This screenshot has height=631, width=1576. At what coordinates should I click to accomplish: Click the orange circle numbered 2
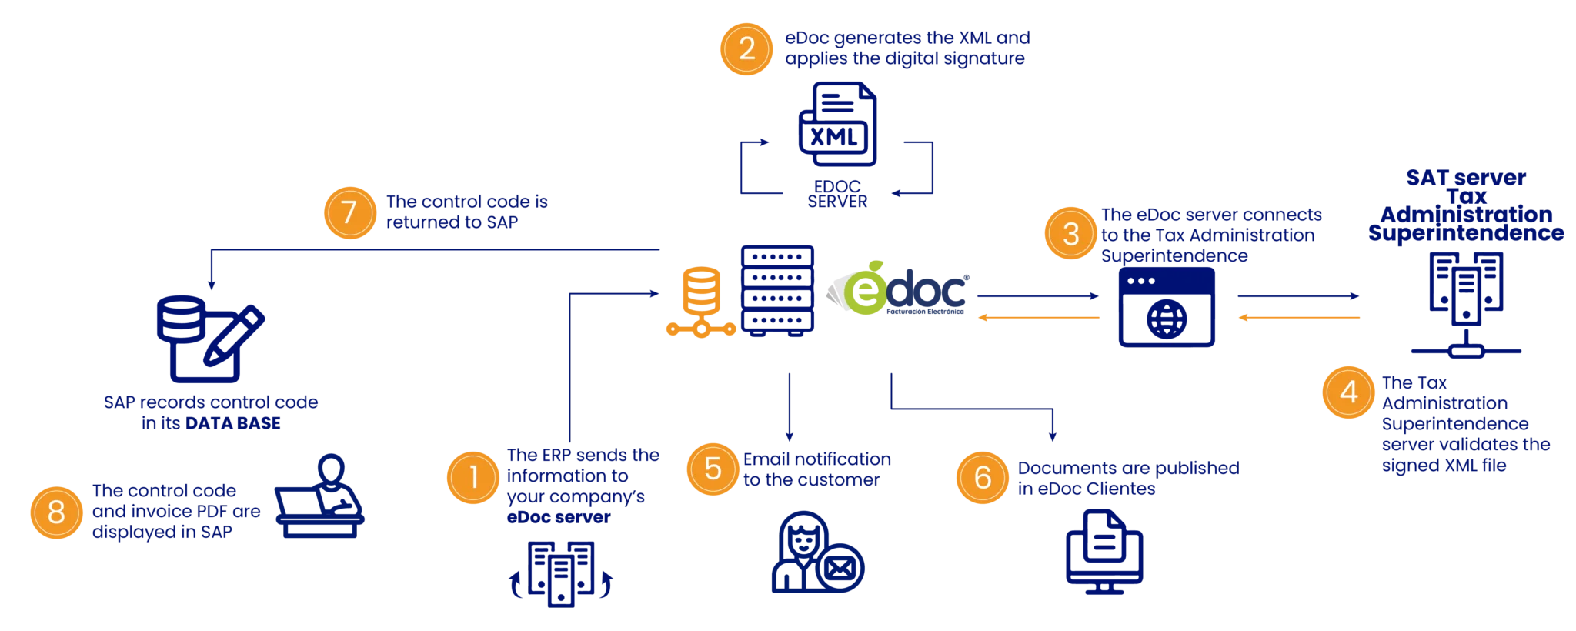pos(746,49)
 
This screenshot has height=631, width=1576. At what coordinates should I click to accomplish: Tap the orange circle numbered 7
pos(350,213)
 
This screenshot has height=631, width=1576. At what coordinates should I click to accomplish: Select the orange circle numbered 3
pos(1071,233)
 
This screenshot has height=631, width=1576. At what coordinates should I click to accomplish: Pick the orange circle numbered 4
pos(1349,392)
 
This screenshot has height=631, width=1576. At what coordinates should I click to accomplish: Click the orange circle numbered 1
pos(473,477)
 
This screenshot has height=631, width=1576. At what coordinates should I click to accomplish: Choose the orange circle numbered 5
pos(713,469)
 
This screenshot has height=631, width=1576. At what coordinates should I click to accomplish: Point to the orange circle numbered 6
pos(983,478)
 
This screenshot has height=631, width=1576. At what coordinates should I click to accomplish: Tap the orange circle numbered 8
pos(56,512)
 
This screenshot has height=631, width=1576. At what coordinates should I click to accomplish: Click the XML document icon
pos(837,124)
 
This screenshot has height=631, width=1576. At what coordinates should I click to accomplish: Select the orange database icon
pos(701,302)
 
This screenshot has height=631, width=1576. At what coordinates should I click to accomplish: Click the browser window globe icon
pos(1167,307)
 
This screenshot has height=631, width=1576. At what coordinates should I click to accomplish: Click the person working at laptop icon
pos(319,496)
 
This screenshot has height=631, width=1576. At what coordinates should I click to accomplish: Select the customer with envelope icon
pos(818,552)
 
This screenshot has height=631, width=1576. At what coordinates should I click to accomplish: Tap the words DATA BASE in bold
pos(233,423)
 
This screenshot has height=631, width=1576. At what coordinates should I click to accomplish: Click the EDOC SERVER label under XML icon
pos(837,194)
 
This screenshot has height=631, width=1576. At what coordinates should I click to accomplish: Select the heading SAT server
pos(1466,178)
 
